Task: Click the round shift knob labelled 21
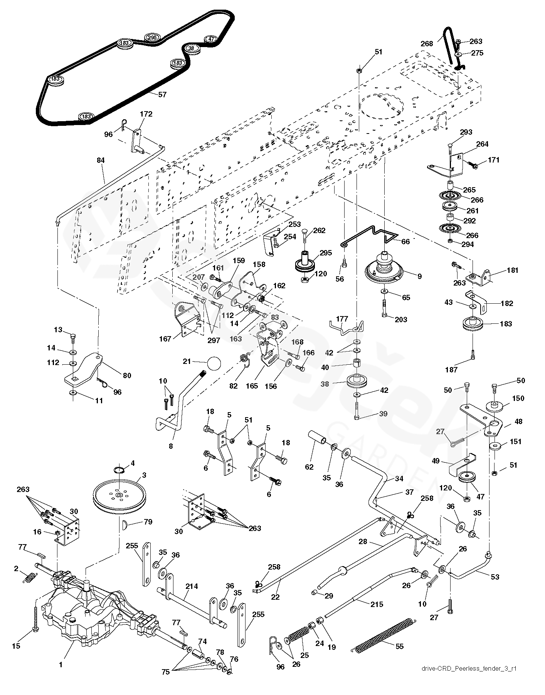[x=214, y=363]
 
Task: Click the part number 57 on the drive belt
[x=162, y=94]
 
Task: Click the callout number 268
[x=427, y=44]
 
